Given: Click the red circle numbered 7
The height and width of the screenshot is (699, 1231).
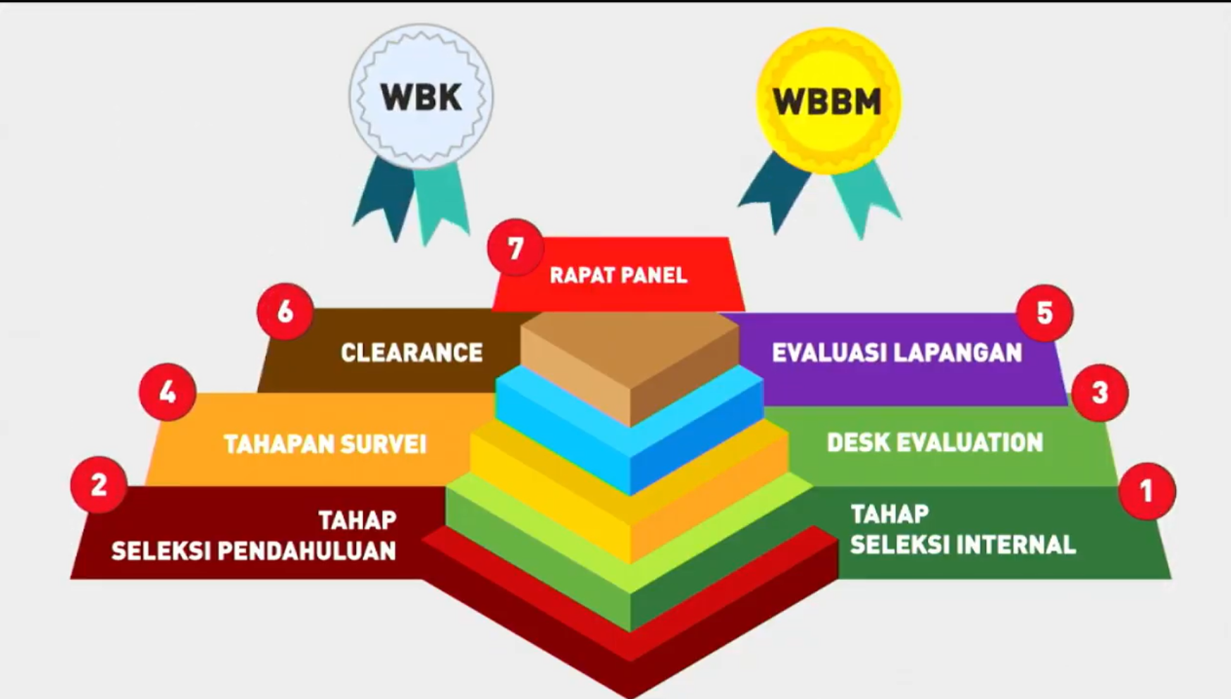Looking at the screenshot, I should point(515,248).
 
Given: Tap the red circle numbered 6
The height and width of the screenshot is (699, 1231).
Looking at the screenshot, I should point(285,311).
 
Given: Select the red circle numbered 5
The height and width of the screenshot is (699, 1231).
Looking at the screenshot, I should point(1044,313).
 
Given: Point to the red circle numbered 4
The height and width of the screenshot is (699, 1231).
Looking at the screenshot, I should point(167,392).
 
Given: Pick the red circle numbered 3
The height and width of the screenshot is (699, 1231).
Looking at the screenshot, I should point(1099,392).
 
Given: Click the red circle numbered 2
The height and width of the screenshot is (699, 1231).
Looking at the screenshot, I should point(99,485).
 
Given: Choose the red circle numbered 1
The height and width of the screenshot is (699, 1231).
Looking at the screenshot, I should point(1146,491).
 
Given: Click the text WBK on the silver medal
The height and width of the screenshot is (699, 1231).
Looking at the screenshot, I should point(421,97).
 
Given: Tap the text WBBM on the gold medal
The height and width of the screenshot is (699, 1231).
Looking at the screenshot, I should point(827,102).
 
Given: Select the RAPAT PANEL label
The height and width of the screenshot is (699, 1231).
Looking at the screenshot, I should point(618,275).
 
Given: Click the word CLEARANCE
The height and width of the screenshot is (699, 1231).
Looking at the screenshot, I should point(412,352).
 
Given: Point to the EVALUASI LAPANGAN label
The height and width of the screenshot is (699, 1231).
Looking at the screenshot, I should point(897,352).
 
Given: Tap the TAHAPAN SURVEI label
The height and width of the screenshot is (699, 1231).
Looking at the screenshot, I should point(325,444).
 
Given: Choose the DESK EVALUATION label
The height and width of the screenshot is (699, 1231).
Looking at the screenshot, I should point(935,443).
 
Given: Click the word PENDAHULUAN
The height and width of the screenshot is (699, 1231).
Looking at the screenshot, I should point(306,551).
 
